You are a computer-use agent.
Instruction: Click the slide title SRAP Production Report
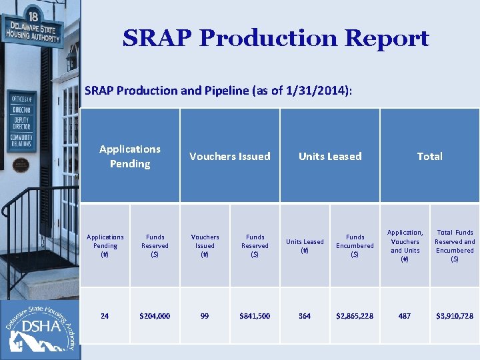275,39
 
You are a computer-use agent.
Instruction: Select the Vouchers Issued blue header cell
230,156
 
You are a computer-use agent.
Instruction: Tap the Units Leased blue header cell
330,156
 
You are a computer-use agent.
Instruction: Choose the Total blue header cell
429,156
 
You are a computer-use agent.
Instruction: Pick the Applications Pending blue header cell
130,156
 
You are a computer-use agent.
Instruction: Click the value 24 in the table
105,316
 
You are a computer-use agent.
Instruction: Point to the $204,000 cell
155,316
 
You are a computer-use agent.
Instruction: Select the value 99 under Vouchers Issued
205,316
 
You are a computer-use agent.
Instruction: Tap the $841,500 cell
255,316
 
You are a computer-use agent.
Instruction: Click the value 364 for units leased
305,316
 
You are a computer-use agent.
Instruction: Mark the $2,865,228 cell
355,316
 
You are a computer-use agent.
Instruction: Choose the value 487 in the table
405,316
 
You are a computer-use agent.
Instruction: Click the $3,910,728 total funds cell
455,316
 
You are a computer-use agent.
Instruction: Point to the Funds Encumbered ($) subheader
355,245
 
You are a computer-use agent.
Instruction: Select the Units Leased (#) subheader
305,246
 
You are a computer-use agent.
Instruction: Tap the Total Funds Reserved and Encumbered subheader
455,246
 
